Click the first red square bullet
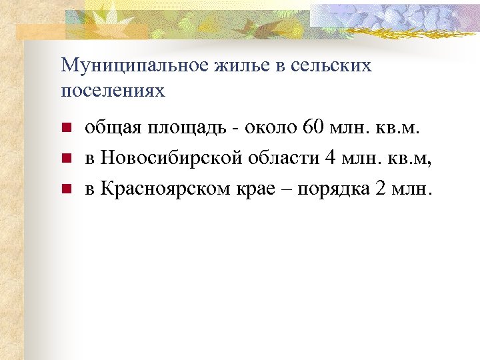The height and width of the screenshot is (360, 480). point(65,129)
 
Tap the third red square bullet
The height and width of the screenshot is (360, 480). point(65,189)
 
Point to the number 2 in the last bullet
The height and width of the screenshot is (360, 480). point(381,189)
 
